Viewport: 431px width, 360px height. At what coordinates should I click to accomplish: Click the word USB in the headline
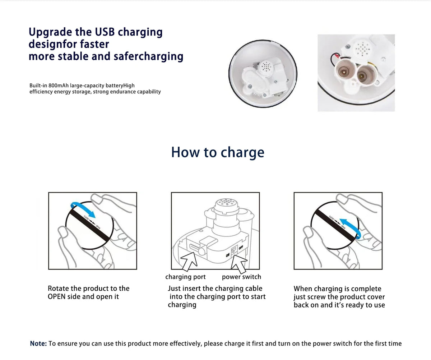click(x=105, y=32)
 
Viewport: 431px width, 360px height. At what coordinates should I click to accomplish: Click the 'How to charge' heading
click(x=218, y=152)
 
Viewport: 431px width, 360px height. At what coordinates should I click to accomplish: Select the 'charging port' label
click(x=185, y=277)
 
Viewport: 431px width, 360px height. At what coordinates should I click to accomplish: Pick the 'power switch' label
click(x=241, y=277)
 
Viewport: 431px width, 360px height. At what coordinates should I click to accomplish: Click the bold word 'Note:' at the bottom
click(x=38, y=343)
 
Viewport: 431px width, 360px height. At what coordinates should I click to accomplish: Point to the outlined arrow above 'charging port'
click(x=189, y=262)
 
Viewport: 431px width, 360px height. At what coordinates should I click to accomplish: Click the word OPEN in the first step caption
click(x=56, y=297)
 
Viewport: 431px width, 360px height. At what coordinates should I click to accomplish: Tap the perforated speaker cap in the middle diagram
click(x=227, y=203)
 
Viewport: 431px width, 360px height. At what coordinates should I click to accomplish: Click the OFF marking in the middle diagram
click(x=241, y=247)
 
